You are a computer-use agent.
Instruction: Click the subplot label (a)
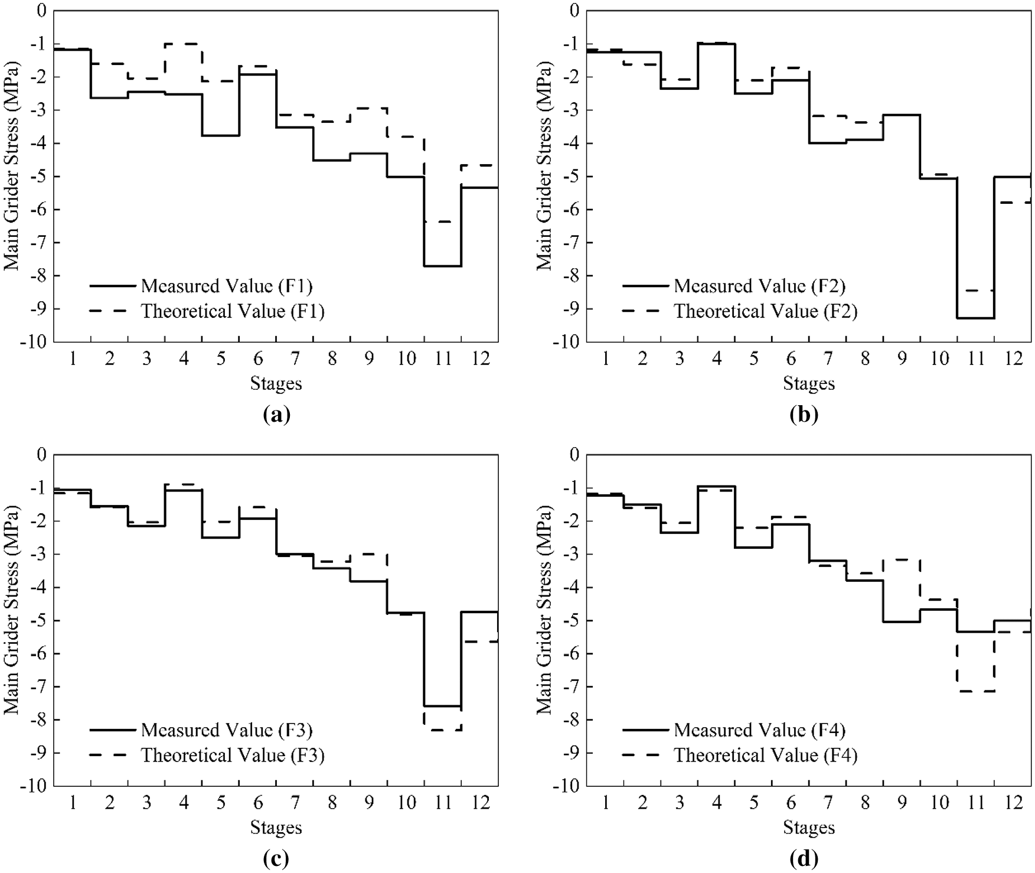276,415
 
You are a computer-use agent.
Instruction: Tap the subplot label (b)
804,415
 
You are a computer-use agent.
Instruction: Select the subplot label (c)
276,859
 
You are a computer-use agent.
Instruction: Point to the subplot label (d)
804,859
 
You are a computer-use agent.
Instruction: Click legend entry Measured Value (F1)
226,286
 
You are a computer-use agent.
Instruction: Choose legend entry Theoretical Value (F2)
765,311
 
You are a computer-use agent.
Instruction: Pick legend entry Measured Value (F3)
226,730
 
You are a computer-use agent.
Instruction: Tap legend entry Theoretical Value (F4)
765,755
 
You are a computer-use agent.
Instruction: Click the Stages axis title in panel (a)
276,384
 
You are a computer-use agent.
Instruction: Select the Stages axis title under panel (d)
809,828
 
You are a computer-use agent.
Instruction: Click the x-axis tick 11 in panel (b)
977,359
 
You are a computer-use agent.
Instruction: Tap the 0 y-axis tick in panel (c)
41,455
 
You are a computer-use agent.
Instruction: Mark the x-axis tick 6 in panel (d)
791,802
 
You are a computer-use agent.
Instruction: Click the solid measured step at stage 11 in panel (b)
976,318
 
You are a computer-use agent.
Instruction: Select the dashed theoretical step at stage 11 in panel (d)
976,691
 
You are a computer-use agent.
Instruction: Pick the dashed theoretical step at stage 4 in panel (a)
184,44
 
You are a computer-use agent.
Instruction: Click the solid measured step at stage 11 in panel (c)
443,706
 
